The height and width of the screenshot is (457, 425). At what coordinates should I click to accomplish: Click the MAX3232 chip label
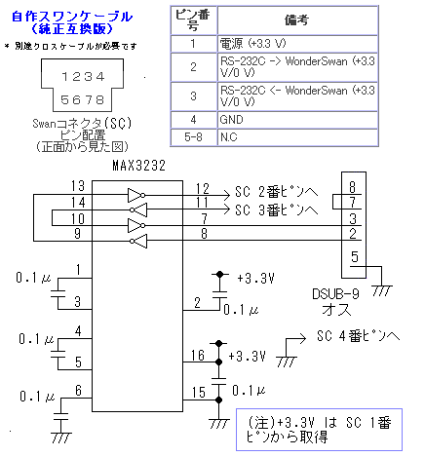coord(138,166)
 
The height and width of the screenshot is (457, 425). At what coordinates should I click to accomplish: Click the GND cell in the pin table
coord(297,120)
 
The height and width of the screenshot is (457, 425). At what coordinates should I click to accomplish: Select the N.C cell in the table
coord(297,137)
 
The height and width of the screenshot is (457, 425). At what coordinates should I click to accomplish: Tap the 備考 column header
coord(297,20)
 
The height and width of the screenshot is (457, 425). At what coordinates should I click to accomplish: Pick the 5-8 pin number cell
coord(194,137)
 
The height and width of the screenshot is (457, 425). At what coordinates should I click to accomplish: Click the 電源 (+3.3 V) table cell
coord(297,44)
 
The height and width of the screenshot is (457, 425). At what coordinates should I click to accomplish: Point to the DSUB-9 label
coord(335,294)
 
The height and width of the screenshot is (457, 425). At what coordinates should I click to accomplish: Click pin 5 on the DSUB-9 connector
coord(355,257)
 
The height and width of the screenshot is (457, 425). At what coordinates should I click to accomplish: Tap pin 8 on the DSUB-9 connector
coord(353,187)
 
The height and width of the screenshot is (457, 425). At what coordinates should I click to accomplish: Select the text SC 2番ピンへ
coord(276,192)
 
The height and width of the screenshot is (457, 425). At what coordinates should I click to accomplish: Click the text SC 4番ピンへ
coord(358,336)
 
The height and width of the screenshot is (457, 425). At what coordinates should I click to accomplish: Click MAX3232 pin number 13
coord(78,186)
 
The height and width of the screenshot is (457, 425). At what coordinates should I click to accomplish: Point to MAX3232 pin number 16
coord(198,356)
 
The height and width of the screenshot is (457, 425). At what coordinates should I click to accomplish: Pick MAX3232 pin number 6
coord(78,391)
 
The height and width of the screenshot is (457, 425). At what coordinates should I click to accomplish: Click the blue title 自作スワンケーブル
coord(72,17)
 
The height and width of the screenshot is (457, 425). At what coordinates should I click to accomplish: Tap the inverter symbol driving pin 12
coord(136,195)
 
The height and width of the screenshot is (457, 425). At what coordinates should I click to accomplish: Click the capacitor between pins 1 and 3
coord(58,293)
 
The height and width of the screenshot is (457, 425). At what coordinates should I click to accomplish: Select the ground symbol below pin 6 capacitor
coord(60,438)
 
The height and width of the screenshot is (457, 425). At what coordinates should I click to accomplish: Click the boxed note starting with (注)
coord(319,430)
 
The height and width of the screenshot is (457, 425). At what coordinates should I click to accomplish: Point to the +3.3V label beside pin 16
coord(248,357)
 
